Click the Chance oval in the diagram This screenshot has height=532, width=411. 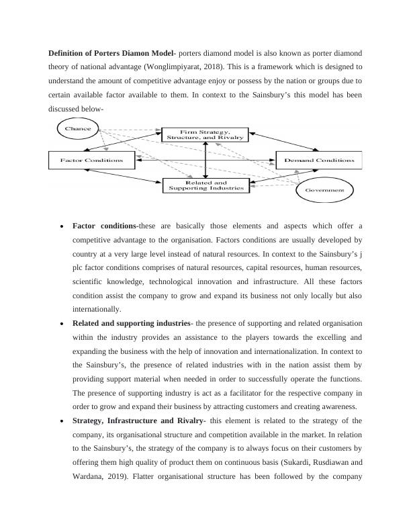[x=77, y=128]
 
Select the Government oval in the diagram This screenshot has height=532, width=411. [x=324, y=190]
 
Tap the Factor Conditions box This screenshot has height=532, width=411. [x=91, y=161]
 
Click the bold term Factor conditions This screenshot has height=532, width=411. [x=104, y=225]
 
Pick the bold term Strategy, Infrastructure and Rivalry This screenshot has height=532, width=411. [x=138, y=420]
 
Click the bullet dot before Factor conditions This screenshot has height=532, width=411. [x=62, y=226]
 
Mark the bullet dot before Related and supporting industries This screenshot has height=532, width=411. [x=62, y=324]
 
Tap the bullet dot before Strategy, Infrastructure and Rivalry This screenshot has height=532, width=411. [x=62, y=421]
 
